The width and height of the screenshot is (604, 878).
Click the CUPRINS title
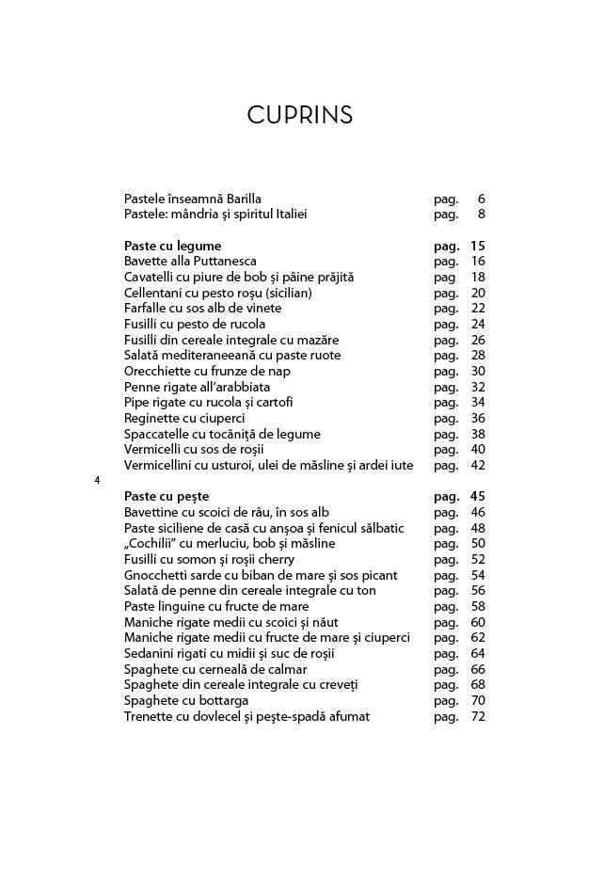tap(300, 116)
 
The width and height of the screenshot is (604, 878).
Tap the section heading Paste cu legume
tap(173, 246)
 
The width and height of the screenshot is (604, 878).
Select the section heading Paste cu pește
tap(167, 496)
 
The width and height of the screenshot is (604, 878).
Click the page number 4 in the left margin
tap(97, 481)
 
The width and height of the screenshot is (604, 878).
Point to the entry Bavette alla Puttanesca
tap(190, 262)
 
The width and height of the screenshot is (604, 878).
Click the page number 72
tap(477, 716)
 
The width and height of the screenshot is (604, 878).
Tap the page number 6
tap(481, 199)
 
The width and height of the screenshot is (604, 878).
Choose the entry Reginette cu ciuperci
tap(185, 418)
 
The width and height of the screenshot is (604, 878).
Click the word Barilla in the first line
tap(244, 199)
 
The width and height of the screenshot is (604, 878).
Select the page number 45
tap(477, 496)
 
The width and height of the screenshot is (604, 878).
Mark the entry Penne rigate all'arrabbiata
tap(197, 387)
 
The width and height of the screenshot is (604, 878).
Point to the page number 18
tap(477, 277)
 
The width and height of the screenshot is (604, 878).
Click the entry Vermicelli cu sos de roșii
tap(194, 450)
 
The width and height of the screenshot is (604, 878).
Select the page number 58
tap(477, 606)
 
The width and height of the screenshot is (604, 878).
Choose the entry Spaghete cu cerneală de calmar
tap(215, 669)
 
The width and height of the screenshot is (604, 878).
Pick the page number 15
tap(477, 246)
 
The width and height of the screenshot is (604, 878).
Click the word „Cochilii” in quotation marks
tap(152, 543)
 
